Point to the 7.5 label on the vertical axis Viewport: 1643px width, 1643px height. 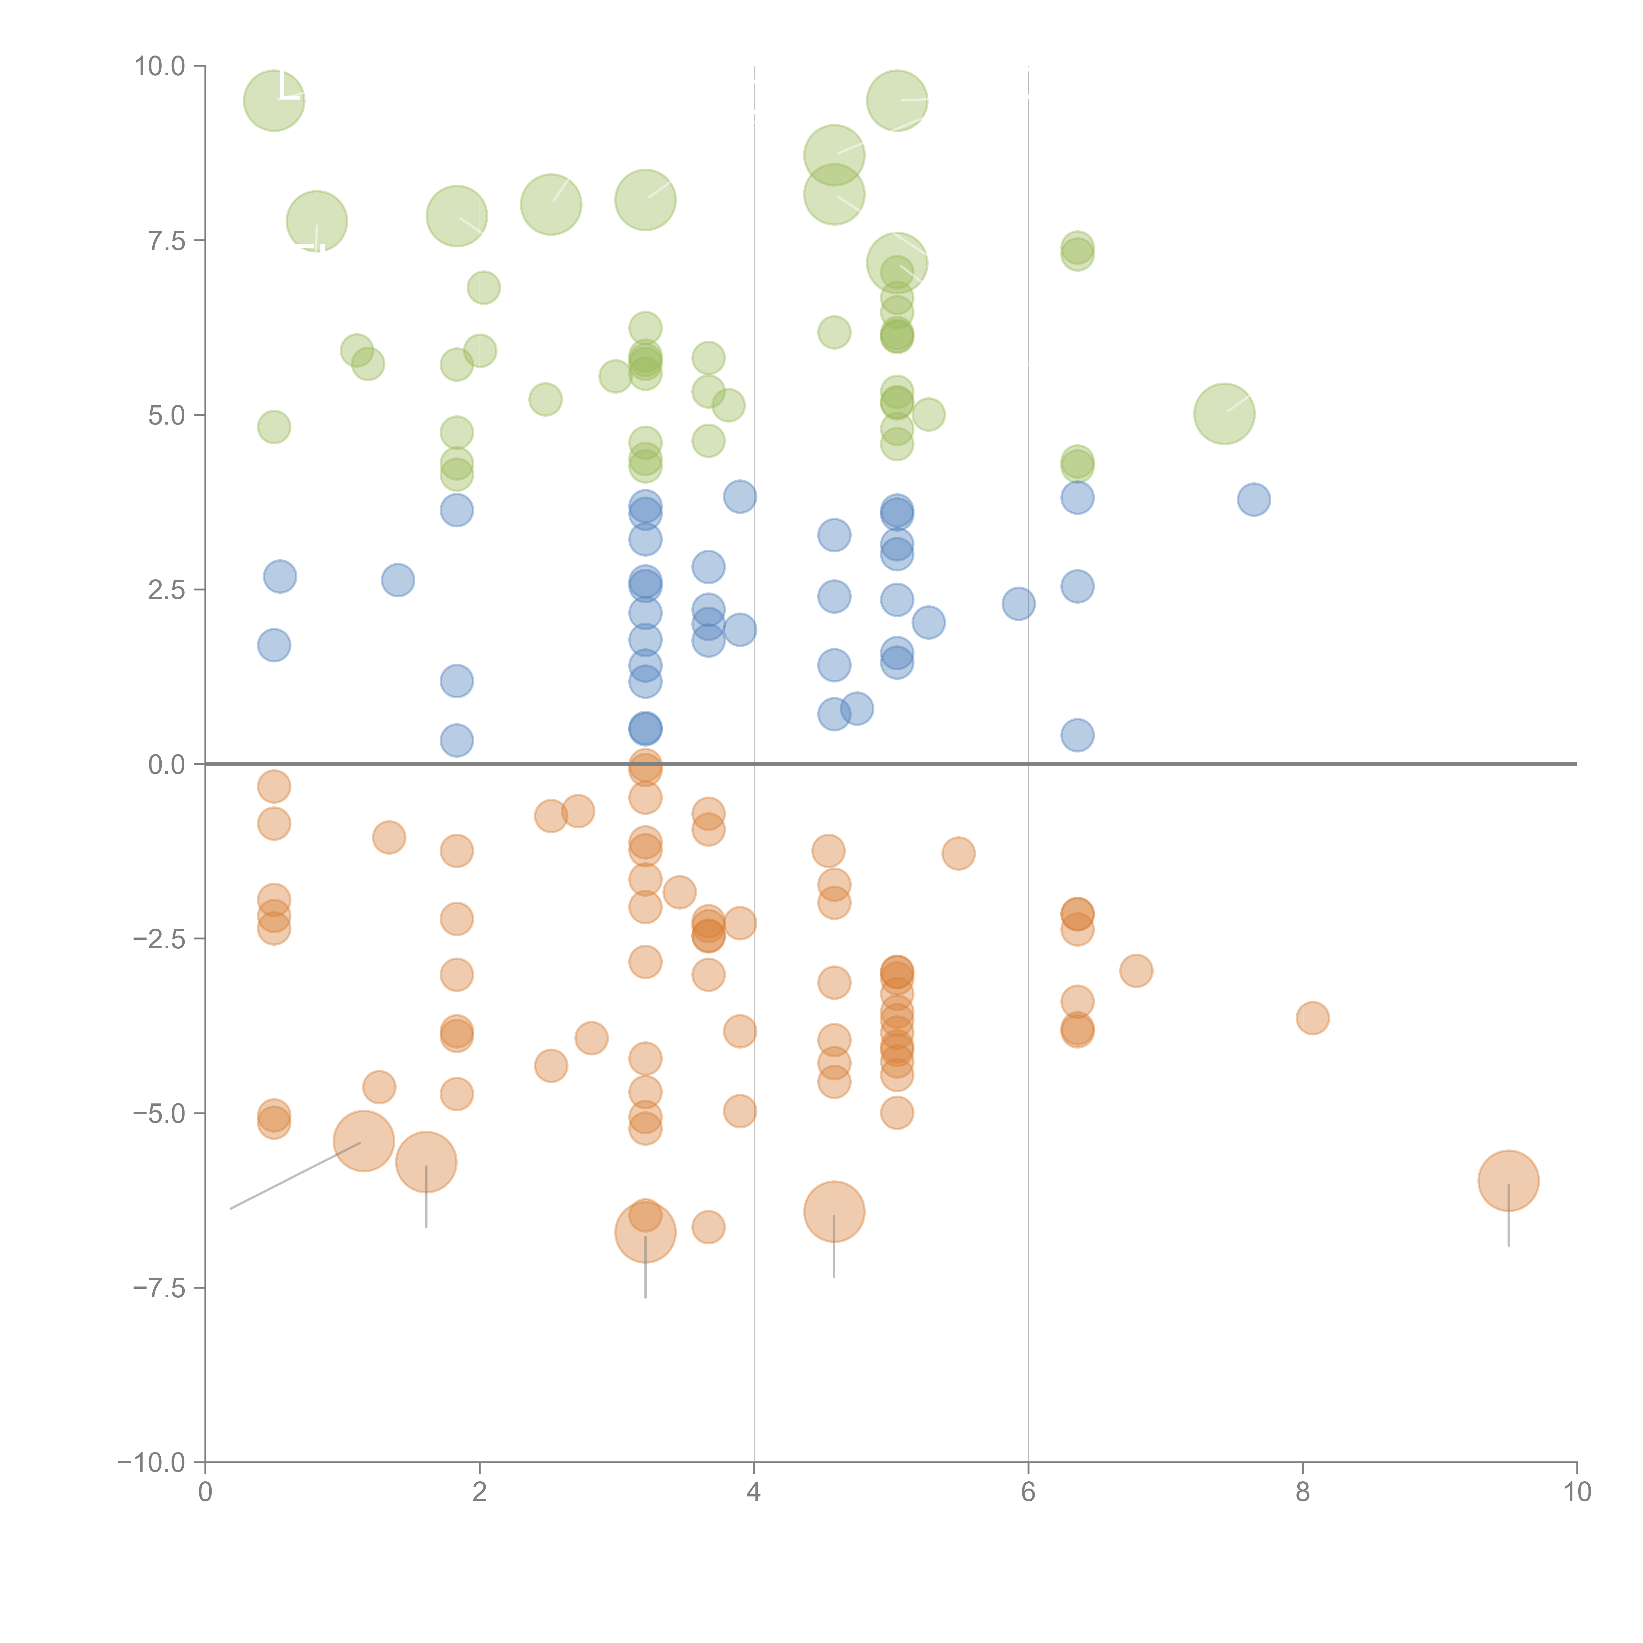[167, 242]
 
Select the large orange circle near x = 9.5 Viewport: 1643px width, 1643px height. [1509, 1180]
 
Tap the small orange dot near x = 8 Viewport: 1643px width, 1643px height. [1313, 1018]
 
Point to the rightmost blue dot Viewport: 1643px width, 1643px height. [1254, 499]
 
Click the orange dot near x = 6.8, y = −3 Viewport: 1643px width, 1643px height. [1136, 970]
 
